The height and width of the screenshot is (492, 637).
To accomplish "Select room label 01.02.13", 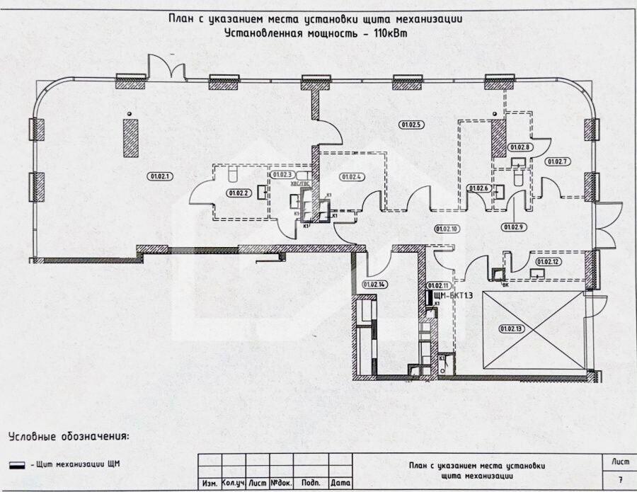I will [x=510, y=328].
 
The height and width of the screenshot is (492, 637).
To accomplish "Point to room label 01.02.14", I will [x=373, y=285].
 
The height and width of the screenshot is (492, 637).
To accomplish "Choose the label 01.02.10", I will [x=447, y=229].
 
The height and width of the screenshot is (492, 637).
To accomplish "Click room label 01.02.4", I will [x=352, y=176].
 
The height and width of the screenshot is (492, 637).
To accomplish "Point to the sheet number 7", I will [x=620, y=479].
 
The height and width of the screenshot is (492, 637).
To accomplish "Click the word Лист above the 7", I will [x=619, y=461].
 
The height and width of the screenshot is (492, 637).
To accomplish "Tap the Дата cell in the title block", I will [x=341, y=483].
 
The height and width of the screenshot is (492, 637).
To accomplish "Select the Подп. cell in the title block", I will [x=310, y=483].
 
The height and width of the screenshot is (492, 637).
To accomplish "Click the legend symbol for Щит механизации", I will [x=17, y=464].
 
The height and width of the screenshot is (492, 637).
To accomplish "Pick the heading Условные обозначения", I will [x=69, y=435].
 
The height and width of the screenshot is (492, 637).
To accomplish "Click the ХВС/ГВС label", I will [x=301, y=183].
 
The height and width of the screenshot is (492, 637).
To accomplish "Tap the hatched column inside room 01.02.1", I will [x=131, y=137].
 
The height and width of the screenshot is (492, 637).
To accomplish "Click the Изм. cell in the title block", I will [x=210, y=483].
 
